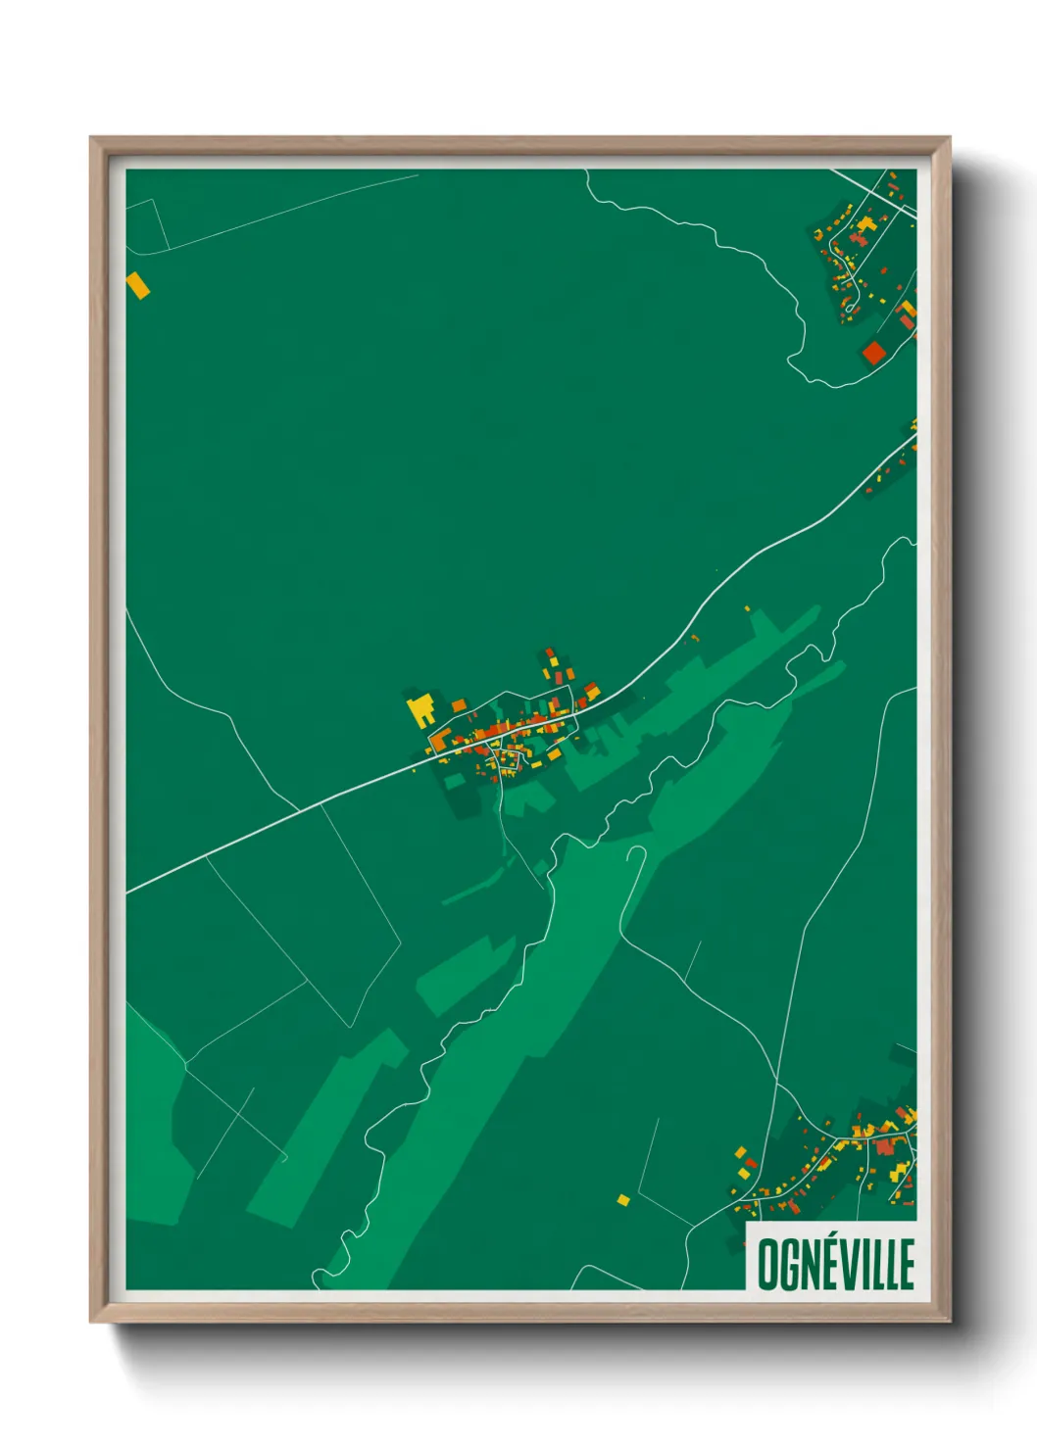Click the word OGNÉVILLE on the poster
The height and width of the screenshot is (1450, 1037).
[836, 1264]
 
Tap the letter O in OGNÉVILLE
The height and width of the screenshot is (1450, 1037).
[767, 1264]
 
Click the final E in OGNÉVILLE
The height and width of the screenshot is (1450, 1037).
[907, 1264]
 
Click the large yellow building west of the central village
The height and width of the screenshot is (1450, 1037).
[420, 708]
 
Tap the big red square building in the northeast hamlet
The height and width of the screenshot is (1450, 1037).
[873, 353]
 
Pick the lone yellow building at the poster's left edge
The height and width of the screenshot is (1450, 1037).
[138, 285]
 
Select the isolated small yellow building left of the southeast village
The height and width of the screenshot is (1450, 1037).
[622, 1199]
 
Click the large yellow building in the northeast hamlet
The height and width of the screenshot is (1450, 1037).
[865, 226]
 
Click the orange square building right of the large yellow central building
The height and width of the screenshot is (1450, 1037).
[458, 705]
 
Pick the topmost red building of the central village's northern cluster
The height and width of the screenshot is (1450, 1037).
[551, 653]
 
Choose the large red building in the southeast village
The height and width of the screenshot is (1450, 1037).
[885, 1146]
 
